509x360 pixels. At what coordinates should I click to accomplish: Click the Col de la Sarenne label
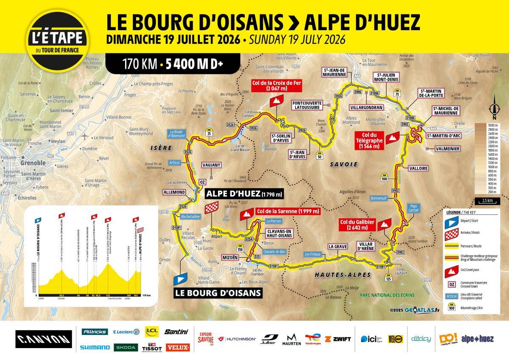(x=287, y=211)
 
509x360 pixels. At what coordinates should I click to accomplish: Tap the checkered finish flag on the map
(x=211, y=208)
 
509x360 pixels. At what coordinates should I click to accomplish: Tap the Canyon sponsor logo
(x=44, y=339)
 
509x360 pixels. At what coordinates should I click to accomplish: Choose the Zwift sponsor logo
(x=338, y=339)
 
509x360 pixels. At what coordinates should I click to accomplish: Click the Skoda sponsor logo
(x=126, y=347)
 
